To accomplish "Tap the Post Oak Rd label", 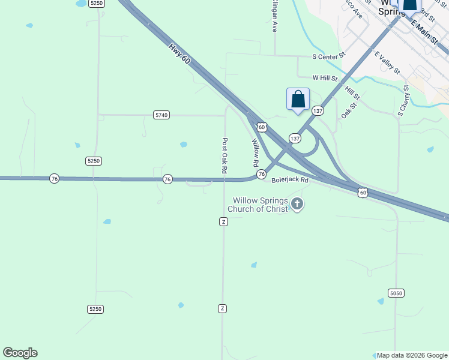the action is click(224, 156).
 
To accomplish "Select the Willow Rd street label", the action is click(255, 153).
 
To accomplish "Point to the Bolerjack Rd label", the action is click(290, 179).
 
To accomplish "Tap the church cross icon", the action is click(297, 205).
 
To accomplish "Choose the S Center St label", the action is click(330, 56).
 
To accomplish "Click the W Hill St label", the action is click(325, 78).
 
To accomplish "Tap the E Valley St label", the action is click(387, 62).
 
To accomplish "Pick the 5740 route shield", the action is click(161, 115).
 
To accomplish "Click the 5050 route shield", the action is click(396, 293).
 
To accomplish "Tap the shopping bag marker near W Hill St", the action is click(298, 100).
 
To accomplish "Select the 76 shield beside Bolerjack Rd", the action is click(261, 174).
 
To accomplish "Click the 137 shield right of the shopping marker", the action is click(318, 111).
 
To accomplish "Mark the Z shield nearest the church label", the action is click(223, 222).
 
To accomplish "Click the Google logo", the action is click(20, 353).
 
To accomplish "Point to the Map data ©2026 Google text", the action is click(412, 356).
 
